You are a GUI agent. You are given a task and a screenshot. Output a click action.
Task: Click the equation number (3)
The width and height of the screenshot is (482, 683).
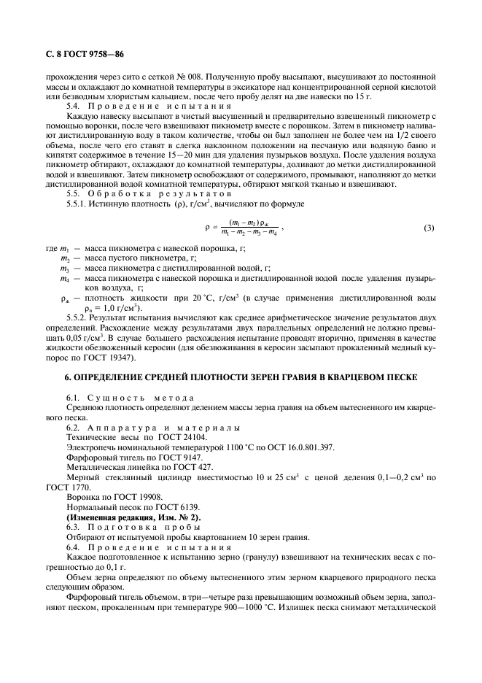click(x=429, y=228)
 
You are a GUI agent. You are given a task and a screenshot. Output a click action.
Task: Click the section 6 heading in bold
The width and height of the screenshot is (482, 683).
click(x=240, y=378)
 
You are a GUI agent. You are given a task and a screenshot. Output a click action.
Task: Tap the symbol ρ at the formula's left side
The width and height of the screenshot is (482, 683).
click(x=207, y=228)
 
